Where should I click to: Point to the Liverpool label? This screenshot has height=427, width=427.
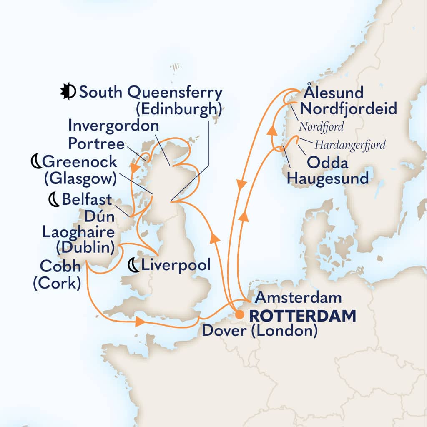(176, 265)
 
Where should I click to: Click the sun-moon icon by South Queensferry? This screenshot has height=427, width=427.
(68, 92)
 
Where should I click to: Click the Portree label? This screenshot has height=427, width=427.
(96, 144)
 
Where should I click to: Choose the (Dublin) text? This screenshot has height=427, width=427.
(85, 248)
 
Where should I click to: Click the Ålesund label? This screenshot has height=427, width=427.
(334, 92)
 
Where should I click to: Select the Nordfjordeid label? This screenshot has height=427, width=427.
(348, 109)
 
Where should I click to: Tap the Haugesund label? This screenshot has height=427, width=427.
(329, 179)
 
